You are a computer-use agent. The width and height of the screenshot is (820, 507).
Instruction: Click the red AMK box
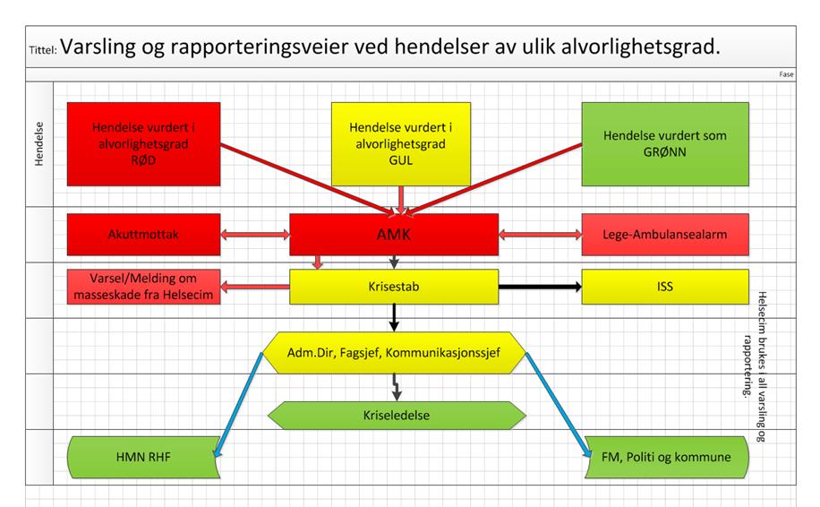(x=394, y=235)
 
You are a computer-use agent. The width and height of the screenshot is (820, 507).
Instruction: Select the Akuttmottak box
(x=143, y=235)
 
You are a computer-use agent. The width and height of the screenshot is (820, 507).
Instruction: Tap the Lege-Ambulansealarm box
(x=665, y=235)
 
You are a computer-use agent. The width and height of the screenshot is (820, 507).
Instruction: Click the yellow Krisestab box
(x=394, y=287)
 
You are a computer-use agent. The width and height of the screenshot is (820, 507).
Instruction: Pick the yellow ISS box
(x=665, y=287)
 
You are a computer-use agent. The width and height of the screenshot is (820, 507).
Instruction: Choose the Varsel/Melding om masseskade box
(x=143, y=287)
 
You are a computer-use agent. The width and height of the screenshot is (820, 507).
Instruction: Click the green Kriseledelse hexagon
(x=397, y=416)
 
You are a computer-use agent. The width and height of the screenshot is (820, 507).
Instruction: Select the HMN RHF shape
(x=143, y=458)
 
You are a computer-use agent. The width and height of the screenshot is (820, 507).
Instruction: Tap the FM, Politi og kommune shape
(x=666, y=458)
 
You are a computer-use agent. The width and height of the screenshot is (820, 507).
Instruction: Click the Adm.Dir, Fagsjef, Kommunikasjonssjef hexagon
(x=394, y=353)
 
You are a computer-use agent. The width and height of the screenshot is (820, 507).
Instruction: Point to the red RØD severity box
(x=143, y=144)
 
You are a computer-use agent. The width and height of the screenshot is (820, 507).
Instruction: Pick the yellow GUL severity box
(x=400, y=144)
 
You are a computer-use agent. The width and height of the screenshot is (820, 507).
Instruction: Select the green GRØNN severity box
(x=665, y=144)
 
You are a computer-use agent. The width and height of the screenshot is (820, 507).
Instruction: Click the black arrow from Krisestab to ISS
(x=540, y=287)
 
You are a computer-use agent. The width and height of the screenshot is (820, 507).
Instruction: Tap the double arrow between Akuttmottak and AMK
(x=254, y=235)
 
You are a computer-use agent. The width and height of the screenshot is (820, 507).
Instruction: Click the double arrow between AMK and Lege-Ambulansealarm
(x=540, y=235)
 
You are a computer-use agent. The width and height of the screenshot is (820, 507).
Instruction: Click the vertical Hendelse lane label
(x=39, y=144)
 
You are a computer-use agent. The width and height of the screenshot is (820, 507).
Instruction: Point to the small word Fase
(x=786, y=74)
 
